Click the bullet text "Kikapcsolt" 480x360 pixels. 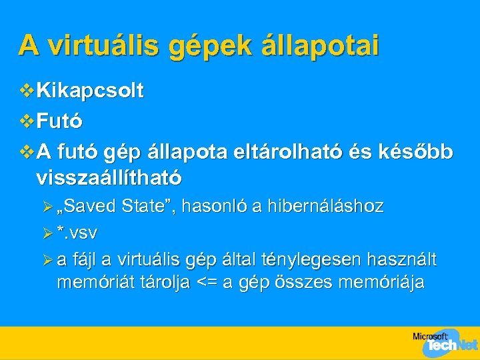point(90,91)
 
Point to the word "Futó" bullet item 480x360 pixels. point(59,121)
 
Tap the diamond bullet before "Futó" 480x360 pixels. point(27,121)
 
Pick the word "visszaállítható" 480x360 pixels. point(109,179)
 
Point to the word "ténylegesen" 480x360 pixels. point(321,260)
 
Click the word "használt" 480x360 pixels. point(406,259)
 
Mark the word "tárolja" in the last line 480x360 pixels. point(164,283)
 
